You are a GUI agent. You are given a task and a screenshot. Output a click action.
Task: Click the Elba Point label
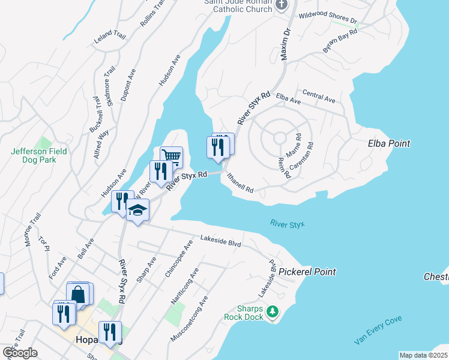tap(388, 143)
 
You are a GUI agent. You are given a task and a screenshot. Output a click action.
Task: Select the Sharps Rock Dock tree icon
tap(273, 311)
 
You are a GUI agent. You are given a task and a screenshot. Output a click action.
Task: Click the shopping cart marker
tap(172, 157)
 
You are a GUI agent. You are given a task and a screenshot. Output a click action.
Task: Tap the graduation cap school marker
tap(138, 211)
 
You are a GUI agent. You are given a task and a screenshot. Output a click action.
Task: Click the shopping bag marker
tap(79, 294)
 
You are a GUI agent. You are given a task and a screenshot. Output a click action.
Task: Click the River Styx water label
tap(288, 224)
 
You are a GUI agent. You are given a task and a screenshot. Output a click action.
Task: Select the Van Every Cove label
tap(378, 330)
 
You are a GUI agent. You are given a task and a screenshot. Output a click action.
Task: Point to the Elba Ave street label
tap(288, 99)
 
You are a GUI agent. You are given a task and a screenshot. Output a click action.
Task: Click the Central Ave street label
tap(319, 95)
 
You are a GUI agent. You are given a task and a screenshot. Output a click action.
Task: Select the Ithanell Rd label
tap(241, 183)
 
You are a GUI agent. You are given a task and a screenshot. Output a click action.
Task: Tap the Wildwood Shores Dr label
tap(328, 17)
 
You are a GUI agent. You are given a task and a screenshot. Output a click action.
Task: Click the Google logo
tap(20, 353)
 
